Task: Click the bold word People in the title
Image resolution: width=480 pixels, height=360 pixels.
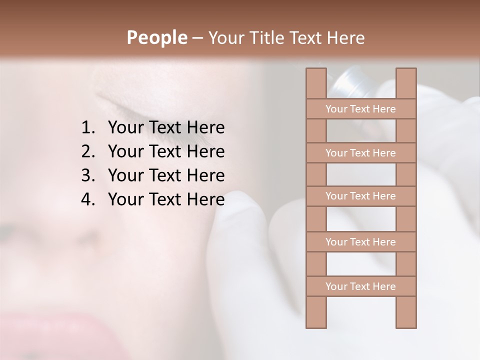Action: (156, 38)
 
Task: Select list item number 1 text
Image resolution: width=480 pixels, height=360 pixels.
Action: (166, 128)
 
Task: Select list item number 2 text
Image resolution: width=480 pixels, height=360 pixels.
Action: (166, 151)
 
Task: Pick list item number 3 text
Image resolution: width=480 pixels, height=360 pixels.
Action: (166, 175)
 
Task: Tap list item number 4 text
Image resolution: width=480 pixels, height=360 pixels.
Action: (166, 199)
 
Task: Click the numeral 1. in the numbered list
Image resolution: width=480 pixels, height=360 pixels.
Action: (88, 128)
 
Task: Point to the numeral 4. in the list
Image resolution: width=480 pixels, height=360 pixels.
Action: (88, 199)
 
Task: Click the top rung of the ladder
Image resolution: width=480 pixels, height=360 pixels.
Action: (360, 109)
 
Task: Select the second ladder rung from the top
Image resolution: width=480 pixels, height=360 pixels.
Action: (360, 153)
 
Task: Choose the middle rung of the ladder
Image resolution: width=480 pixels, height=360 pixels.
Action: (360, 196)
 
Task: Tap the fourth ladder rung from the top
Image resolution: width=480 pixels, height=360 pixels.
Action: (360, 242)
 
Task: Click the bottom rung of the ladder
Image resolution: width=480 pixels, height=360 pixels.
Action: (360, 286)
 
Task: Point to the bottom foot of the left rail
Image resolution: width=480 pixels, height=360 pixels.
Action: (316, 320)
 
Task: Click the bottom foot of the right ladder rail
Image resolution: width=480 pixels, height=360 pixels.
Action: (406, 320)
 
